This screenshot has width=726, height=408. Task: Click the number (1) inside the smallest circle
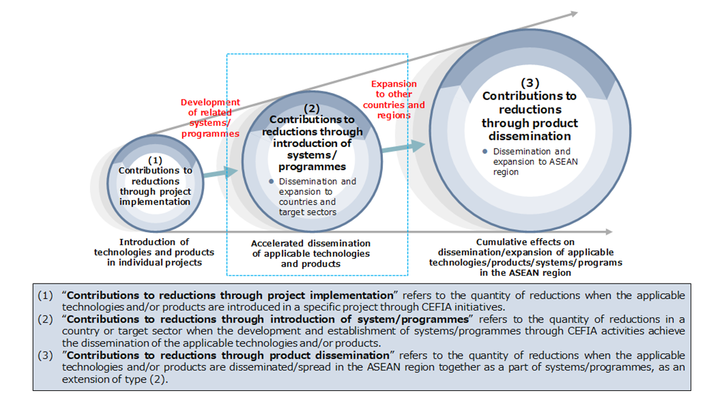pos(155,160)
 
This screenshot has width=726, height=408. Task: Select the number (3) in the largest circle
pos(529,83)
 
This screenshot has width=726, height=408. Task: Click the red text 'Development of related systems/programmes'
pos(210,118)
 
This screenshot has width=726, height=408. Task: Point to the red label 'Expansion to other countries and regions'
pos(394,100)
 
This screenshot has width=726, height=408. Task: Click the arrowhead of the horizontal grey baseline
pos(609,232)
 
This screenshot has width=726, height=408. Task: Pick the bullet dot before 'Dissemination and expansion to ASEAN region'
pos(485,152)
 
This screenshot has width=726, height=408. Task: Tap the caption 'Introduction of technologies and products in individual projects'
pos(154,252)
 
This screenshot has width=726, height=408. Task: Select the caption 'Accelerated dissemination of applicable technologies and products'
pos(311,253)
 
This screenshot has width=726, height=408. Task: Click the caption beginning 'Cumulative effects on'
pos(525,257)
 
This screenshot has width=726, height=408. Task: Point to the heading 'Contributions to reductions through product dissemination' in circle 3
pos(529,116)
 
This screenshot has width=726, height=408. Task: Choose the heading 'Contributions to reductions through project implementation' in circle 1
pos(155,186)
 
